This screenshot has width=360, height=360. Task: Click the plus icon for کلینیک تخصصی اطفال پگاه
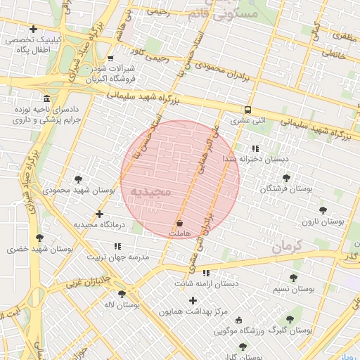(x=33, y=29)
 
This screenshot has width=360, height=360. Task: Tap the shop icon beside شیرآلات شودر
(x=110, y=58)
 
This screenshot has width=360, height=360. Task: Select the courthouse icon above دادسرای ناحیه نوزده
(x=46, y=98)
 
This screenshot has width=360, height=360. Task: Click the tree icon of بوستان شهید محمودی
(x=78, y=179)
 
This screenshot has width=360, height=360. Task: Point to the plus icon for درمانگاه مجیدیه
(x=99, y=214)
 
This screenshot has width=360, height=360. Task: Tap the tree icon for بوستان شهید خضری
(x=39, y=238)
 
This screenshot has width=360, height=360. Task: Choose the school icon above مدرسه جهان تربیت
(x=117, y=247)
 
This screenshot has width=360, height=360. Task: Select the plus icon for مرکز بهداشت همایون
(x=193, y=300)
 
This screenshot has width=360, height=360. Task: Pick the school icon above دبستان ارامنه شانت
(x=206, y=273)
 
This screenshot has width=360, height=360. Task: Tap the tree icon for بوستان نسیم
(x=293, y=278)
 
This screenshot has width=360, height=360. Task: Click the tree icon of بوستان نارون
(x=323, y=210)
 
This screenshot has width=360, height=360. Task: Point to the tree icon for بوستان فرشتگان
(x=285, y=179)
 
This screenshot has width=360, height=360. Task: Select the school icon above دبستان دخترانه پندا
(x=255, y=148)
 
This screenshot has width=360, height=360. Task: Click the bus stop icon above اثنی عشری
(x=247, y=110)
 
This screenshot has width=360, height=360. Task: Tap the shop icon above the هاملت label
(x=179, y=222)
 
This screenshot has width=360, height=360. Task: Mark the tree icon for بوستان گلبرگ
(x=290, y=319)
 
